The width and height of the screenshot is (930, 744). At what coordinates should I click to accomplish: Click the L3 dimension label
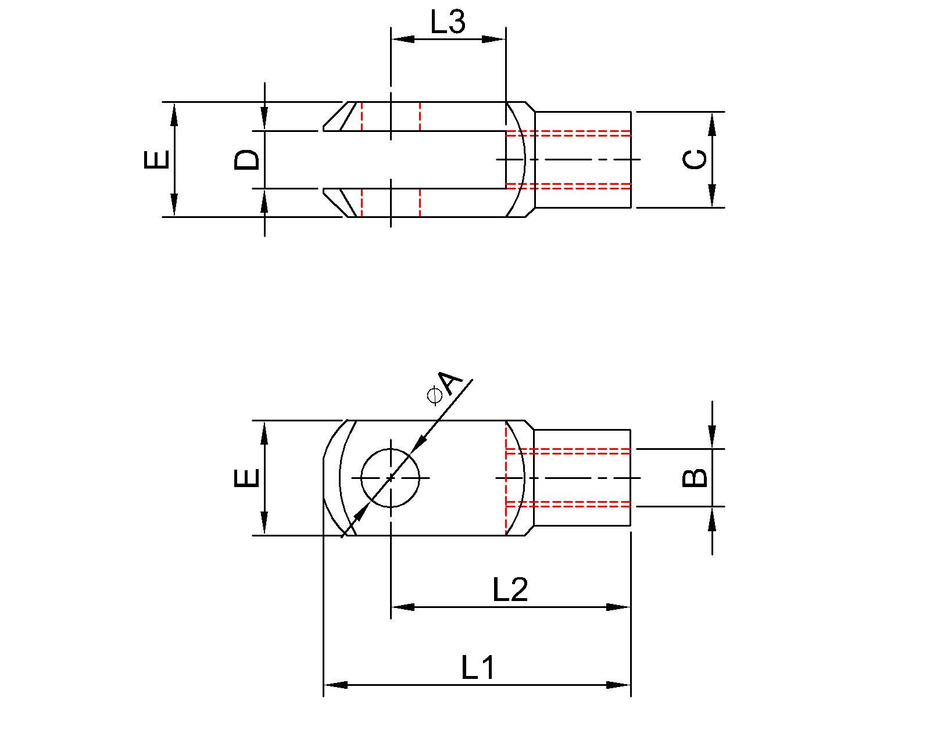tap(448, 23)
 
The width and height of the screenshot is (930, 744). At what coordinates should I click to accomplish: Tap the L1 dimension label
tap(478, 668)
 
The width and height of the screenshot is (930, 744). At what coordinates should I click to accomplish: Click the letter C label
tap(695, 159)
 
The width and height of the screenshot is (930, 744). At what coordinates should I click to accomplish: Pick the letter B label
tap(695, 478)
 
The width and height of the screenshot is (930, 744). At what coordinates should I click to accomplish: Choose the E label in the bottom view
tap(246, 478)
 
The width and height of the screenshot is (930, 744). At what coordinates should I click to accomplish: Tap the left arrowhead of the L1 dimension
tap(335, 685)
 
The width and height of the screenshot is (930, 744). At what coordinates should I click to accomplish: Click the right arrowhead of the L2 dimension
tap(618, 607)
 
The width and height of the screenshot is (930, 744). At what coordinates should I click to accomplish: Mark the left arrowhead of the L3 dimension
tap(403, 39)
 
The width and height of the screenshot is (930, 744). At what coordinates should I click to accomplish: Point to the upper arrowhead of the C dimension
tap(713, 123)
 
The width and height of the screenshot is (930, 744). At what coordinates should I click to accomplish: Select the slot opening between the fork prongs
tap(407, 160)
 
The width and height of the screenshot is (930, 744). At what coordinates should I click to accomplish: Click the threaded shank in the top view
tap(581, 159)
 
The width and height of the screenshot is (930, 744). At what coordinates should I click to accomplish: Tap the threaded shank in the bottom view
tap(581, 478)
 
